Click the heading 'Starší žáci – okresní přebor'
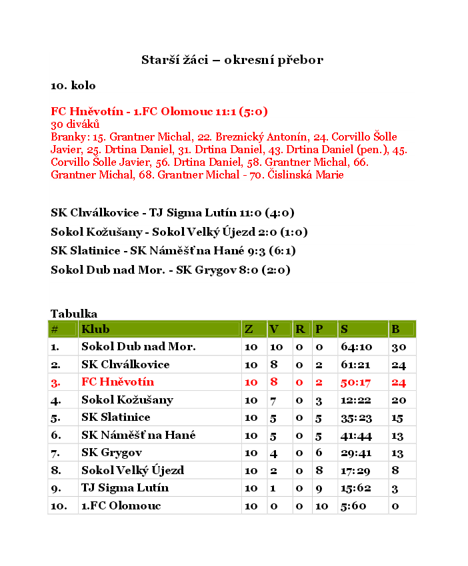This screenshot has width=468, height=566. [x=232, y=60]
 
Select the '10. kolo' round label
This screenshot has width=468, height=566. [x=73, y=86]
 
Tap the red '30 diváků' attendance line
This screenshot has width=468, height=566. [x=75, y=124]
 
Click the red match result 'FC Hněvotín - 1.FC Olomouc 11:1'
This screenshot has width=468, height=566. [x=159, y=111]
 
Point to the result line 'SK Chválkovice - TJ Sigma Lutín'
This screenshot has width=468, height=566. [x=173, y=213]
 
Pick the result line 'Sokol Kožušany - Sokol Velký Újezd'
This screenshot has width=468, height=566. [x=179, y=232]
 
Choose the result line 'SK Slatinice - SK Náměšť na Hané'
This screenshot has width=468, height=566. [x=173, y=251]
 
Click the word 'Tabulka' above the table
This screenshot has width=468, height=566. [x=74, y=314]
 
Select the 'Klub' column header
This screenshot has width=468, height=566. [x=95, y=329]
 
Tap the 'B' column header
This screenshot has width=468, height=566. [x=395, y=329]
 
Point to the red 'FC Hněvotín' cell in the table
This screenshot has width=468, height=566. [x=117, y=382]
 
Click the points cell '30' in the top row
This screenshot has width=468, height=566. [x=399, y=347]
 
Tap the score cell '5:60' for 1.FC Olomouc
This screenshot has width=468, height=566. [x=353, y=505]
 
